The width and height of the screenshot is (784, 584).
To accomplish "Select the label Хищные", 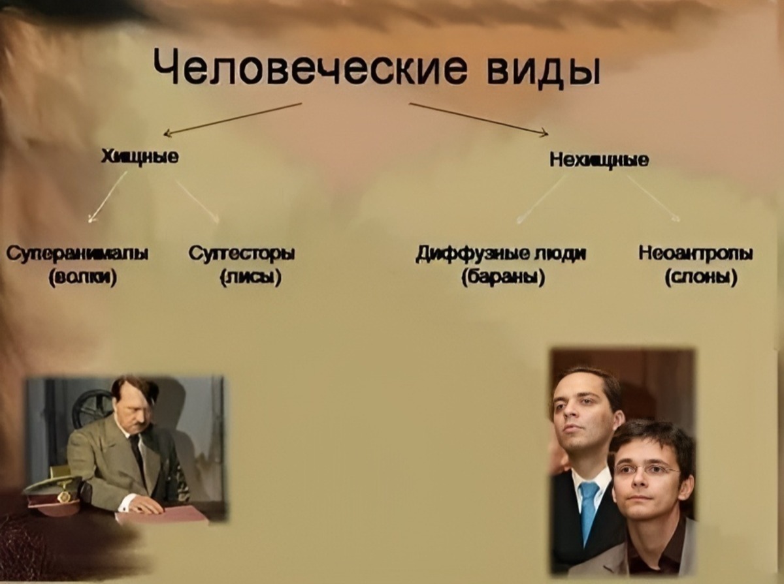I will tap(140, 157).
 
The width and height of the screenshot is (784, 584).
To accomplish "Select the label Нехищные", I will tap(599, 159).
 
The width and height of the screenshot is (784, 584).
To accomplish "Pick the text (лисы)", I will tap(251, 279).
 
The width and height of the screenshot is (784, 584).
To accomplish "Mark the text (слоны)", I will tap(701, 279).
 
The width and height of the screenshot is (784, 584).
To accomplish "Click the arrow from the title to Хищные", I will tap(232, 119).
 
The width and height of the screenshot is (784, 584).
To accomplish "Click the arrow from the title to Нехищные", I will tap(478, 119).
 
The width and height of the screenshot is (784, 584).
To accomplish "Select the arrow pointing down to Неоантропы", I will tap(653, 198).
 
